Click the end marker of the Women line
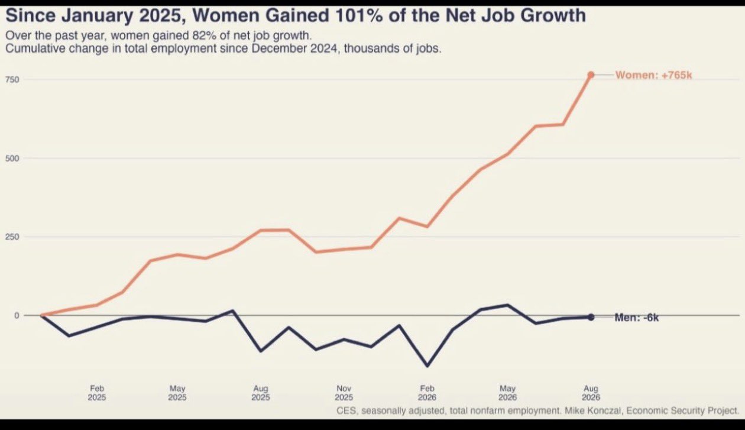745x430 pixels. click(x=591, y=75)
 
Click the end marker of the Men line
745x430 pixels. click(x=591, y=317)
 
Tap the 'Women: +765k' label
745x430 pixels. click(x=653, y=75)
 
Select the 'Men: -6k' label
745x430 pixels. click(x=637, y=318)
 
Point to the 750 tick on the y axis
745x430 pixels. click(x=12, y=79)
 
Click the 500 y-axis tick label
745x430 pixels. click(x=12, y=158)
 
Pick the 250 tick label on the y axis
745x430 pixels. click(x=12, y=237)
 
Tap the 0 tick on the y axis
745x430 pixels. click(x=17, y=315)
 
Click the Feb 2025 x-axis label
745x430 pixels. click(x=97, y=393)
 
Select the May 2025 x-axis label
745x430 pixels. click(x=177, y=393)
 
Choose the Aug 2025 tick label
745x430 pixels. click(x=261, y=393)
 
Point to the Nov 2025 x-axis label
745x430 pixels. click(x=344, y=393)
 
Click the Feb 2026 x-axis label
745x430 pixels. click(x=427, y=393)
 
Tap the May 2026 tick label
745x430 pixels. click(x=507, y=393)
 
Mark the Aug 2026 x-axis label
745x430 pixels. click(x=591, y=393)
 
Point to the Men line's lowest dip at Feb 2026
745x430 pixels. click(x=427, y=366)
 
